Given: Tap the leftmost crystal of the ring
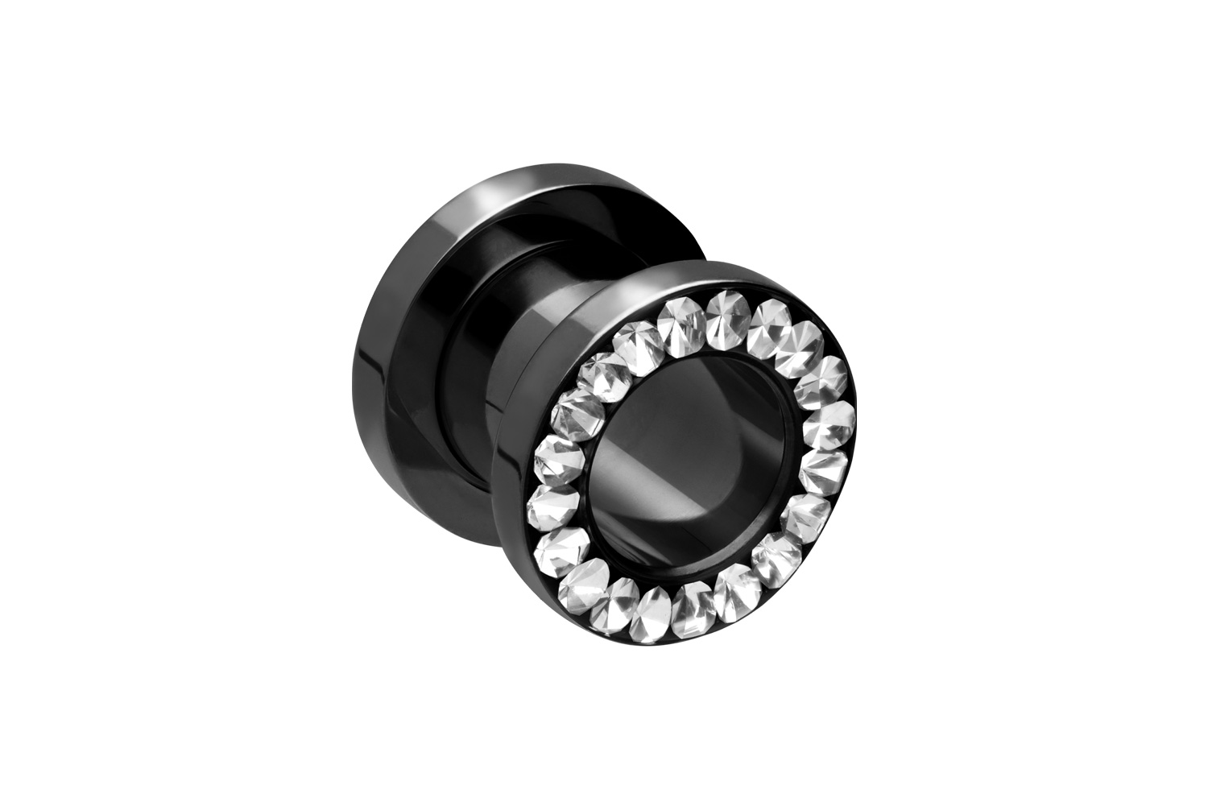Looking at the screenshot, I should (557, 453).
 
